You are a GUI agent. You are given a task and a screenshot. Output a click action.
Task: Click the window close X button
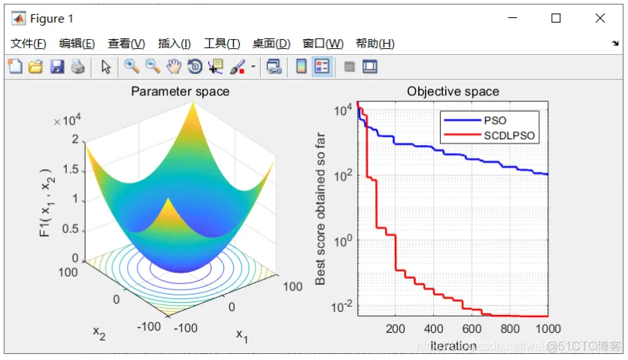tap(599, 19)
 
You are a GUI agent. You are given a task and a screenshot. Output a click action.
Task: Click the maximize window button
tap(556, 19)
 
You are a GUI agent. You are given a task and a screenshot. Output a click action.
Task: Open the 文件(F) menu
tap(28, 44)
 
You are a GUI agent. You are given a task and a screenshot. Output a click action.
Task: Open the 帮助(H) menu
tap(375, 44)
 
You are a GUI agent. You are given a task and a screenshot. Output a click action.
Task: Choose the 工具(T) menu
tap(222, 44)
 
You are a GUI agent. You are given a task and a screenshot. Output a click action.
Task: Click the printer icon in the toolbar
tap(77, 67)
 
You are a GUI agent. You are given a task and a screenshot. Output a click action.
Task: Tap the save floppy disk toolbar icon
tap(57, 67)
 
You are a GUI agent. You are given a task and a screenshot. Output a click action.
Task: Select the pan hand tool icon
tap(174, 67)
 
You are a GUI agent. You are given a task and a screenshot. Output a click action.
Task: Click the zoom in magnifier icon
tap(132, 67)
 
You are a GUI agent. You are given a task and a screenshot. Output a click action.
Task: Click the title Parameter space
tap(181, 92)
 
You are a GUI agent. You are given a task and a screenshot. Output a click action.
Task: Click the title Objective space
tap(453, 92)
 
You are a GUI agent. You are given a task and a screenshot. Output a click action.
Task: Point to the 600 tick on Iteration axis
tap(472, 328)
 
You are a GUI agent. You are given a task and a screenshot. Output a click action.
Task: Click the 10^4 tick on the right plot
tap(343, 110)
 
